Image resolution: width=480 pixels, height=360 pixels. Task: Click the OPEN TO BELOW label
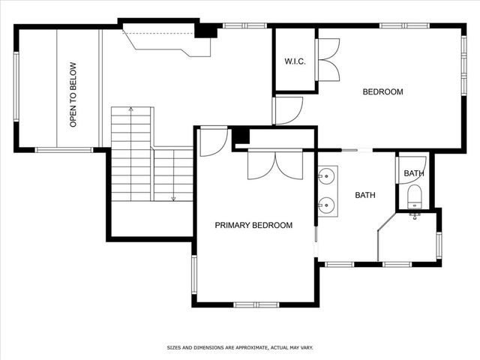click(73, 94)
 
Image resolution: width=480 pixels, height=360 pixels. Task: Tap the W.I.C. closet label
click(294, 61)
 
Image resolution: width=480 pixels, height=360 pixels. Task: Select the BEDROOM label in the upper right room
click(382, 92)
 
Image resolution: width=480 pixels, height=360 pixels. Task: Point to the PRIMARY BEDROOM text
click(253, 225)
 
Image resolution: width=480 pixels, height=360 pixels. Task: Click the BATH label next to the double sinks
click(364, 195)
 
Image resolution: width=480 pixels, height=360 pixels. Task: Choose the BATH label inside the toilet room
click(413, 173)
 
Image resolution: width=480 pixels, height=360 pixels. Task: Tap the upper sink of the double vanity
click(326, 178)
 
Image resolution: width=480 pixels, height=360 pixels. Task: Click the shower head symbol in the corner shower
click(414, 216)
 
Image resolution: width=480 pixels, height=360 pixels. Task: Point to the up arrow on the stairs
click(132, 110)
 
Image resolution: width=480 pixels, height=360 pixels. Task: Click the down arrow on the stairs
click(173, 198)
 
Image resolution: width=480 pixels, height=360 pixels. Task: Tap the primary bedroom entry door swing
click(213, 141)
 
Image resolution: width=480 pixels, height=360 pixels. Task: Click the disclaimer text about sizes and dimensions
click(239, 348)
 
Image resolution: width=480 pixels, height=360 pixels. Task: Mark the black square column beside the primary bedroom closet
click(240, 136)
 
